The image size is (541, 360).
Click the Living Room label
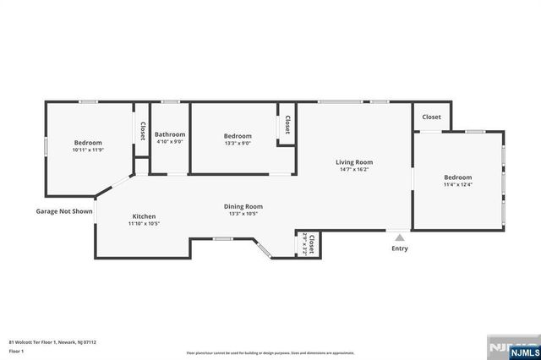(x=354, y=162)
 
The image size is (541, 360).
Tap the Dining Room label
(x=243, y=206)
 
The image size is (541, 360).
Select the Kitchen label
(x=144, y=216)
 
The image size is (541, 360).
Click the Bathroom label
(x=171, y=134)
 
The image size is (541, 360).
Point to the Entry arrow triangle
(x=400, y=238)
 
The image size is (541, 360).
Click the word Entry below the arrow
(x=400, y=248)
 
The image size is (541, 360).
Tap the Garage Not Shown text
(x=63, y=211)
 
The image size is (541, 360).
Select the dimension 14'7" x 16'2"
(x=354, y=170)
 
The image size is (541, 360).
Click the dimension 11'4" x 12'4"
(x=458, y=184)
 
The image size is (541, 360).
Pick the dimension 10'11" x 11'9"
(x=88, y=150)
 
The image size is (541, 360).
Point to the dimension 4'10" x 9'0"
(x=171, y=142)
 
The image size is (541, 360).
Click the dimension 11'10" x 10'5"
(x=144, y=224)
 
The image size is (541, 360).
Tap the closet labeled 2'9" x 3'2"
(x=309, y=244)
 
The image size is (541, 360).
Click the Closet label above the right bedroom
(x=431, y=117)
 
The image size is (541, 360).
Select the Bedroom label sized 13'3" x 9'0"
(x=238, y=136)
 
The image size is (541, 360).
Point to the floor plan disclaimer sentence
(x=270, y=352)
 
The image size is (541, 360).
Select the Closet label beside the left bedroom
(x=143, y=131)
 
